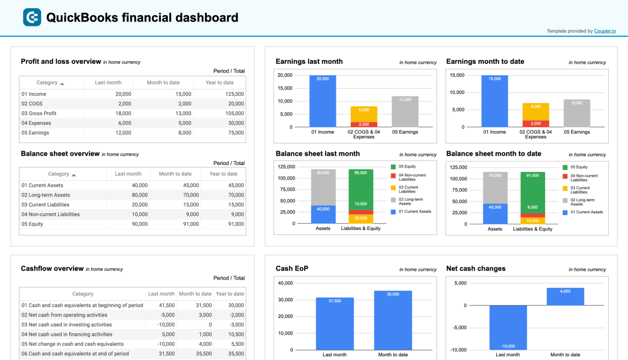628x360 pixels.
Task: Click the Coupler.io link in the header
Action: [605, 31]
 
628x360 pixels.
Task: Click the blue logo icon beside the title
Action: [32, 17]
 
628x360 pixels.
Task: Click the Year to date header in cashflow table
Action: [230, 294]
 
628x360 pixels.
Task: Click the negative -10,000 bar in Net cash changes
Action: [508, 327]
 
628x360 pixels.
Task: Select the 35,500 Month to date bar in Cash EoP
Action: [393, 321]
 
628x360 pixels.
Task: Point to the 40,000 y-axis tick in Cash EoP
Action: [285, 283]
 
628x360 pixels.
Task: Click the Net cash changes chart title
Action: [475, 268]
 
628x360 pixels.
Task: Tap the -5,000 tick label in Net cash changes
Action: [460, 328]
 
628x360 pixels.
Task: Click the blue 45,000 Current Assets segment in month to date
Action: [495, 214]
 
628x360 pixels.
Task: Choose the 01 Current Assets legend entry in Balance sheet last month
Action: [415, 212]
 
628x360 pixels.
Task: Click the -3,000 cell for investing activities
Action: [237, 325]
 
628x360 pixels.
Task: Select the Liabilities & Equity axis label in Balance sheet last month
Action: [361, 228]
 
